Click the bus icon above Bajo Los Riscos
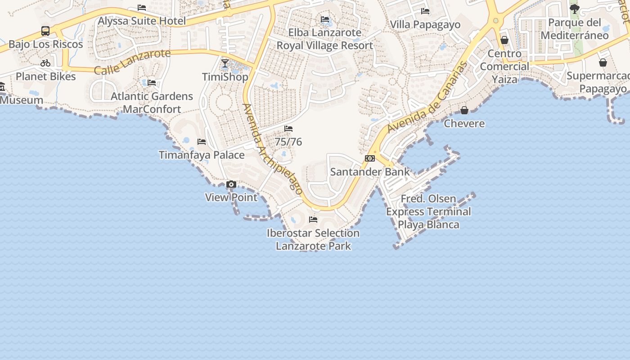tap(45, 31)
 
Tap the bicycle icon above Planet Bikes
tap(45, 63)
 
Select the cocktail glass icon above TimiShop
tap(225, 63)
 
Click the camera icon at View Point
tap(231, 184)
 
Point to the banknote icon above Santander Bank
tap(370, 158)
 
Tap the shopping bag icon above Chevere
tap(464, 110)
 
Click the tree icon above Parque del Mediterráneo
tap(575, 9)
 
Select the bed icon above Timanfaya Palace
tap(202, 142)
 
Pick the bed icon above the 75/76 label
tap(288, 129)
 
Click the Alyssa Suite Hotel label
tap(142, 21)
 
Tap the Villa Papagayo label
tap(425, 24)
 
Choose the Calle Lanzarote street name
tap(132, 62)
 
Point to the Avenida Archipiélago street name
tap(272, 148)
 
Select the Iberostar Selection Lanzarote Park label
tap(313, 239)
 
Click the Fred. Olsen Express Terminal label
tap(428, 211)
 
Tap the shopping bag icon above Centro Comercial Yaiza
tap(504, 40)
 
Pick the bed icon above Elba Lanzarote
tap(325, 19)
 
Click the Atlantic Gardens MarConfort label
tap(152, 103)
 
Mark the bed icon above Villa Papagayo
tap(425, 11)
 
